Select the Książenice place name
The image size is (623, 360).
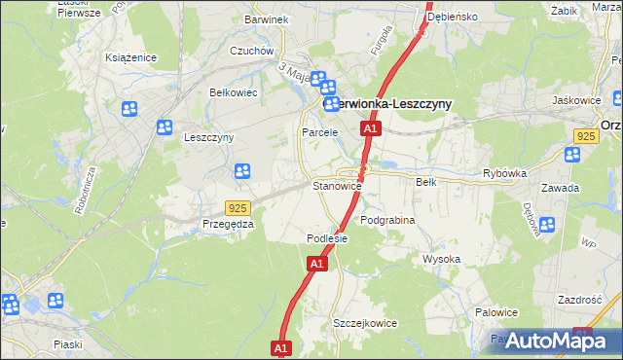pyautogui.click(x=131, y=57)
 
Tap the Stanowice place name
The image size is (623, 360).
pyautogui.click(x=337, y=185)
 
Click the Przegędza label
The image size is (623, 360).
pyautogui.click(x=228, y=224)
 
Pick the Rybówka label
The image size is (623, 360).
pyautogui.click(x=504, y=173)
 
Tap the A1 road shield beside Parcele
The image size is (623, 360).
pyautogui.click(x=369, y=128)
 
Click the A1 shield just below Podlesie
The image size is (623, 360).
pyautogui.click(x=317, y=263)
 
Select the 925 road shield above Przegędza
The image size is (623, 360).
pyautogui.click(x=237, y=208)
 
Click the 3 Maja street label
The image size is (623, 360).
pyautogui.click(x=293, y=70)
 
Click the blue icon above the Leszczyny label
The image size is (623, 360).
pyautogui.click(x=164, y=126)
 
